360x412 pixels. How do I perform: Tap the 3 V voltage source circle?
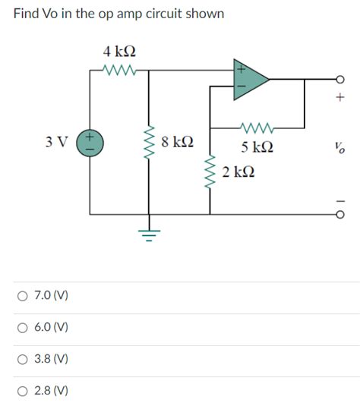point(90,142)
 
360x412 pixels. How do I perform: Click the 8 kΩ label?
point(178,142)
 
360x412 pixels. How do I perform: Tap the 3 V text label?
point(55,142)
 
